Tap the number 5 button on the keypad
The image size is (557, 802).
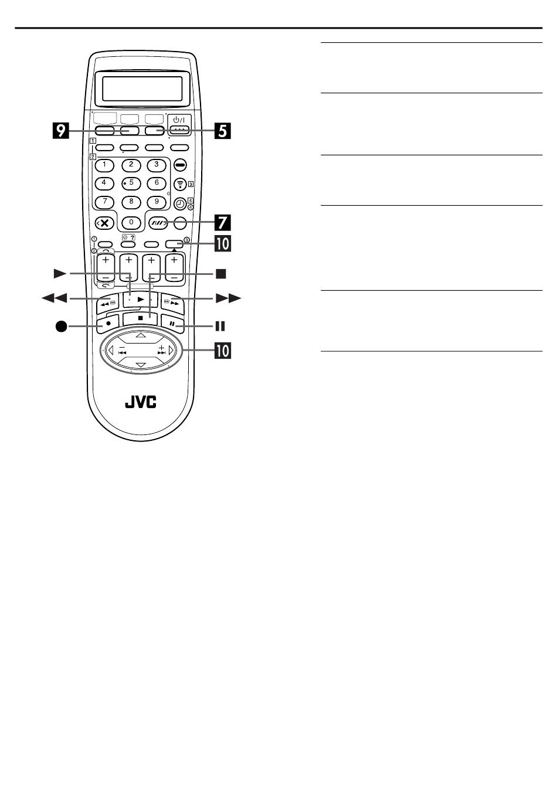click(x=131, y=183)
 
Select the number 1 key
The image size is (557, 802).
click(x=104, y=165)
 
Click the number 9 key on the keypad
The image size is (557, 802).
click(x=156, y=202)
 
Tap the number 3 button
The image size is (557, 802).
click(x=156, y=165)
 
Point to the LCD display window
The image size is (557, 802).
click(x=142, y=89)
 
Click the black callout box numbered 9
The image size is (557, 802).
click(x=60, y=130)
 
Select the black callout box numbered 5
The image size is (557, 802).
click(x=222, y=130)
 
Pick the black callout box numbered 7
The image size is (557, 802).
click(x=222, y=223)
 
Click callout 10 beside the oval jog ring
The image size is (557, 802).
click(x=222, y=351)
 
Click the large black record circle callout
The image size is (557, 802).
click(x=62, y=326)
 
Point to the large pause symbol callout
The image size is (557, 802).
click(x=220, y=326)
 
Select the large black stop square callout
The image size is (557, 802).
click(x=220, y=273)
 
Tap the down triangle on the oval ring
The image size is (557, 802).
click(x=141, y=366)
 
